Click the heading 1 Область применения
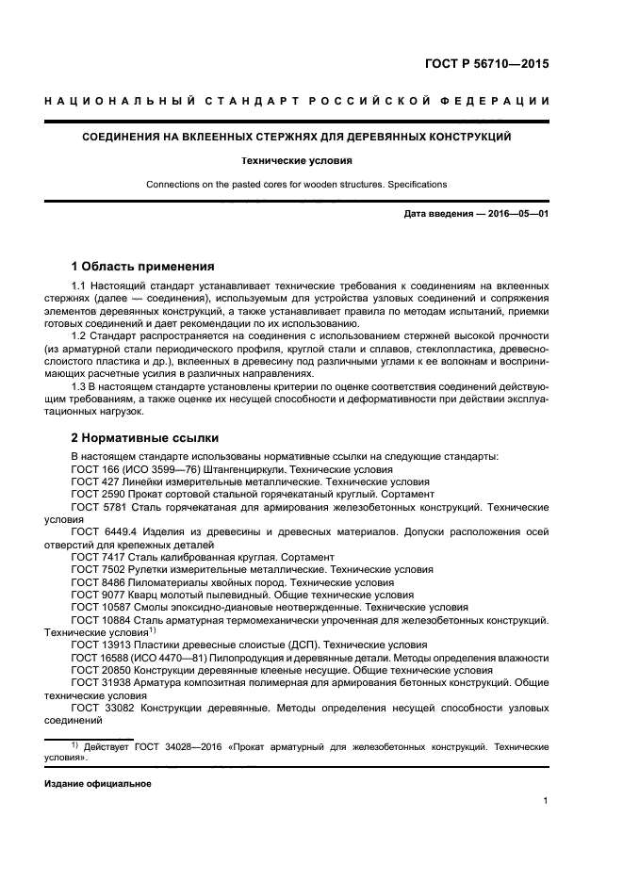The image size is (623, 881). pyautogui.click(x=142, y=266)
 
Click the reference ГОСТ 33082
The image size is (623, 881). pyautogui.click(x=106, y=709)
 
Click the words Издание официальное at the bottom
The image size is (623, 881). pyautogui.click(x=98, y=783)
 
